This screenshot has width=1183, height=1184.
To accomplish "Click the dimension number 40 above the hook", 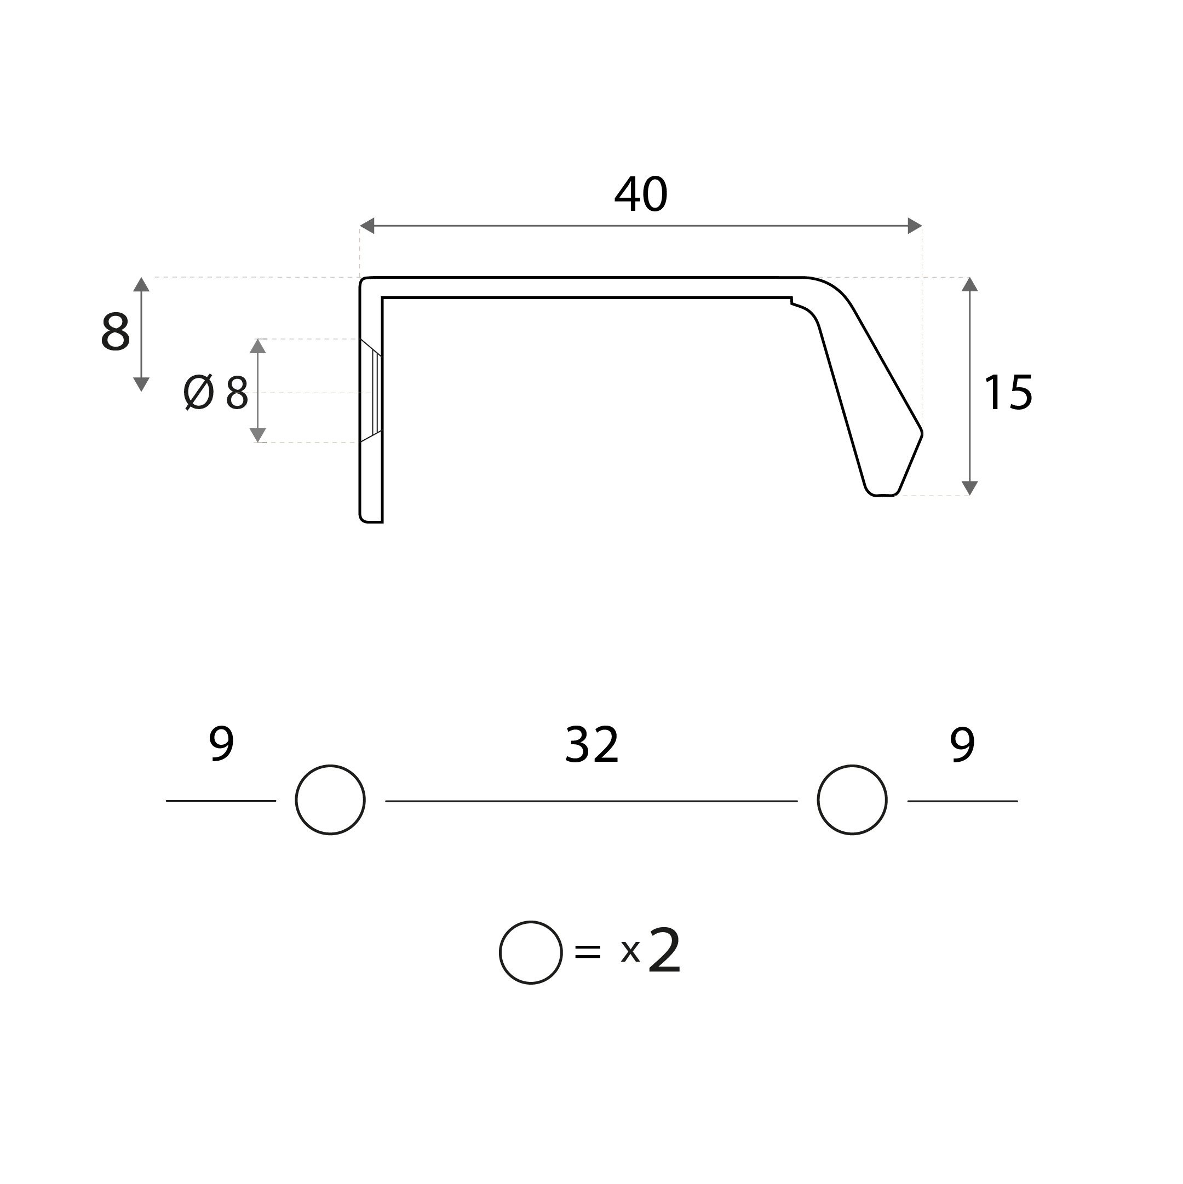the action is tap(641, 194).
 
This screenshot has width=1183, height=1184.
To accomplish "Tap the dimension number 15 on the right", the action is tap(1008, 392).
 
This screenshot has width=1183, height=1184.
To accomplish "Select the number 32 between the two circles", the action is tap(591, 745).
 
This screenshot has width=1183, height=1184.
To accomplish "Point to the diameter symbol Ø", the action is tap(199, 392).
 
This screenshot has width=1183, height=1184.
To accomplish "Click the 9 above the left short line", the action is tap(221, 745).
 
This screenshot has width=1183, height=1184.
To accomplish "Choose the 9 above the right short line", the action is tap(962, 745).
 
